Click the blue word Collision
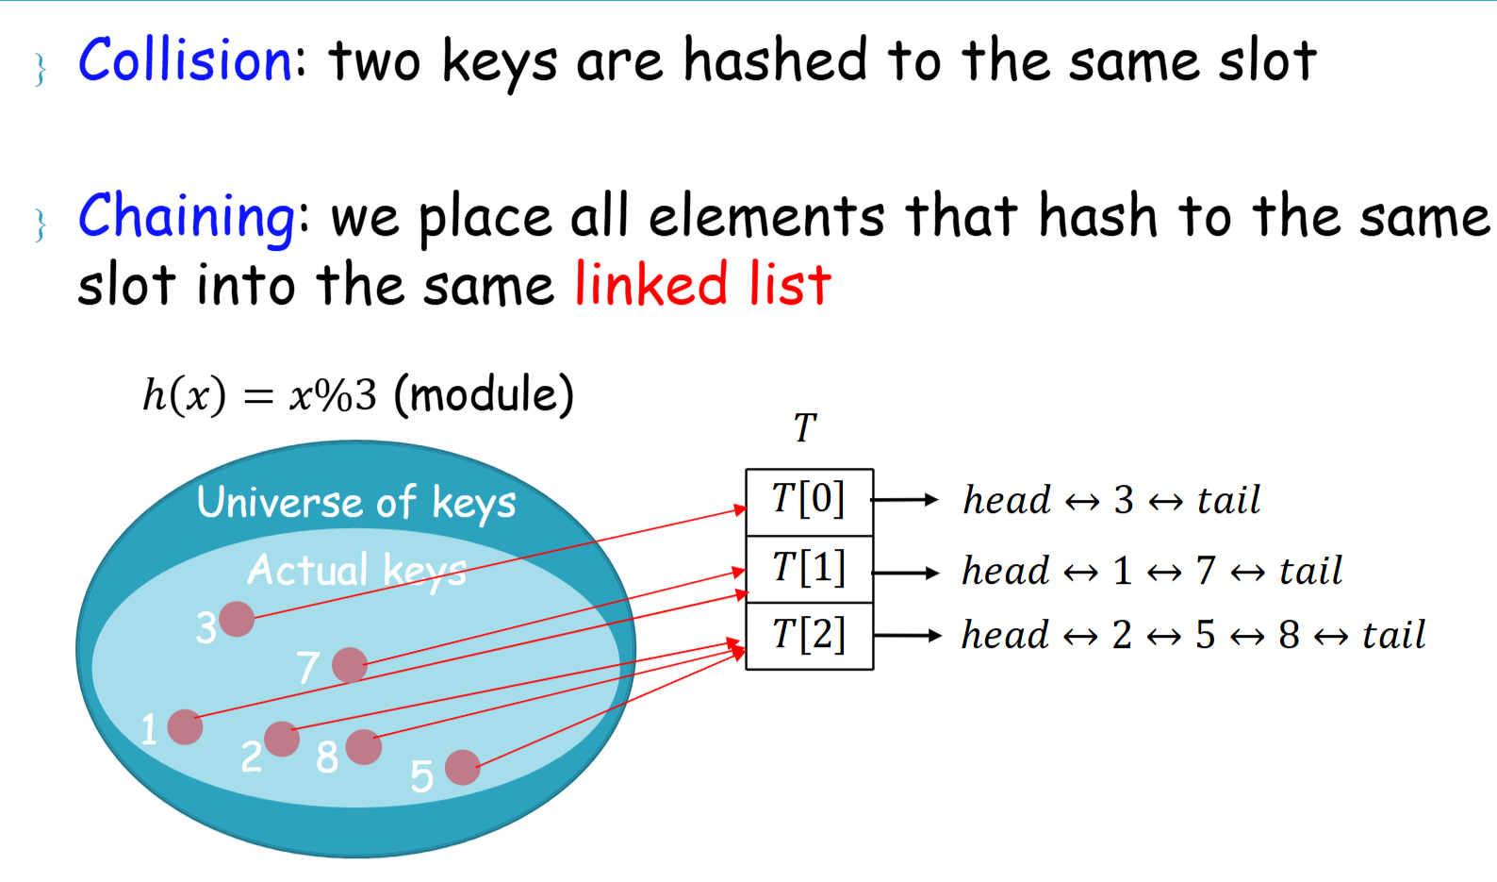[x=186, y=61]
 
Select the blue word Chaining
[x=187, y=216]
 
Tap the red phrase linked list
[x=702, y=284]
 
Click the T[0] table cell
[x=809, y=501]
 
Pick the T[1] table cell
[x=809, y=569]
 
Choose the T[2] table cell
[x=809, y=636]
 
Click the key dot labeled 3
[x=236, y=619]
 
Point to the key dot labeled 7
[x=349, y=665]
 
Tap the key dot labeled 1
[x=185, y=726]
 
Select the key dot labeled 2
[x=281, y=739]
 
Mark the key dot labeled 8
[x=363, y=746]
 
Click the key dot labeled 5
[x=462, y=767]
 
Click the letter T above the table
[x=804, y=429]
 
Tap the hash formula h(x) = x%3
[x=259, y=395]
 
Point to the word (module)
[x=484, y=395]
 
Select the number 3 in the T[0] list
[x=1123, y=501]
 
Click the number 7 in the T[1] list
[x=1206, y=571]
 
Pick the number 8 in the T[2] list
[x=1289, y=636]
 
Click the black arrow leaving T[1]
[x=906, y=572]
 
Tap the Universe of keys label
[x=356, y=503]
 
